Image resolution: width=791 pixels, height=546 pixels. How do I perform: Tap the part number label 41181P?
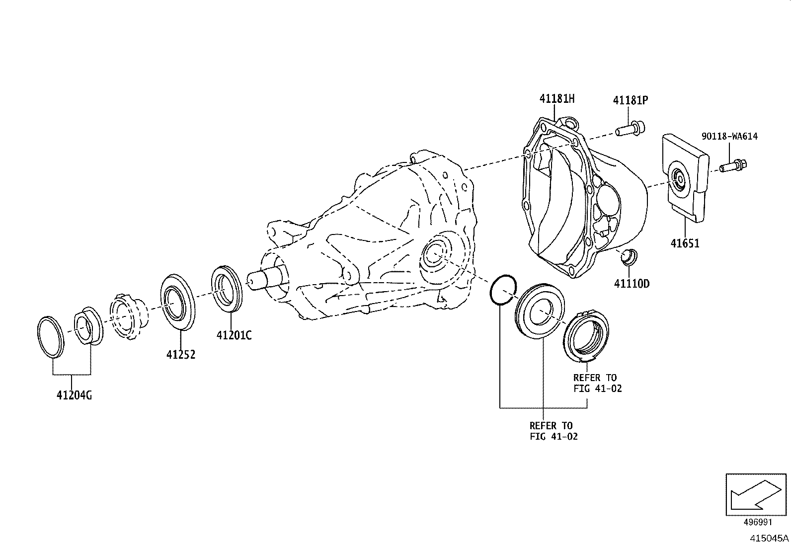pos(630,100)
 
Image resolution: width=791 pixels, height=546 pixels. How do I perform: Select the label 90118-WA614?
pos(729,136)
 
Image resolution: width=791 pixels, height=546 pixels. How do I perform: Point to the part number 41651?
pos(685,243)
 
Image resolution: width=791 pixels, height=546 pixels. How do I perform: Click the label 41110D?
pos(632,284)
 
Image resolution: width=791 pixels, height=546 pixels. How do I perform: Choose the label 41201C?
pos(234,335)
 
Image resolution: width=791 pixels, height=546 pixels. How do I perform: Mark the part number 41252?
pos(180,355)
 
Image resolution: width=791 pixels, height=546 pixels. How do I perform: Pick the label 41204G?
pos(74,395)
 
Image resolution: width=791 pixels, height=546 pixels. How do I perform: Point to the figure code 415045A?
pos(769,538)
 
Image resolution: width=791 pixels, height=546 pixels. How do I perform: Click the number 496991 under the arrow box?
pos(758,523)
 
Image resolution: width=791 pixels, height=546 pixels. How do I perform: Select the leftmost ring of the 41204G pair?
pos(51,335)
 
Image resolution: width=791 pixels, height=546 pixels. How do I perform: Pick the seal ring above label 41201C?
pos(227,289)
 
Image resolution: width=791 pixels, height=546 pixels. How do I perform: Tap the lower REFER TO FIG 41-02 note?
pos(554,431)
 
